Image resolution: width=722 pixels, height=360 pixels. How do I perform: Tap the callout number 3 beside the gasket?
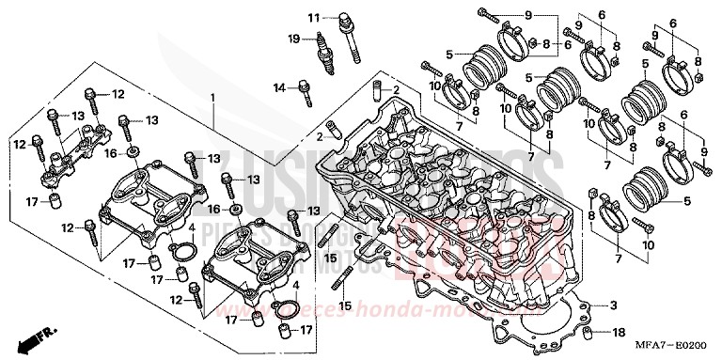pos(612,305)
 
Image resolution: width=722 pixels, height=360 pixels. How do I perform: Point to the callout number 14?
pos(279,87)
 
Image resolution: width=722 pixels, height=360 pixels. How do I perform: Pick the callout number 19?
pos(293,39)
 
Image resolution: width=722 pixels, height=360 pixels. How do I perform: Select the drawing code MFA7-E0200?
pos(675,349)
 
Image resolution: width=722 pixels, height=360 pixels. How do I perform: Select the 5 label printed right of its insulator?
pos(686,200)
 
